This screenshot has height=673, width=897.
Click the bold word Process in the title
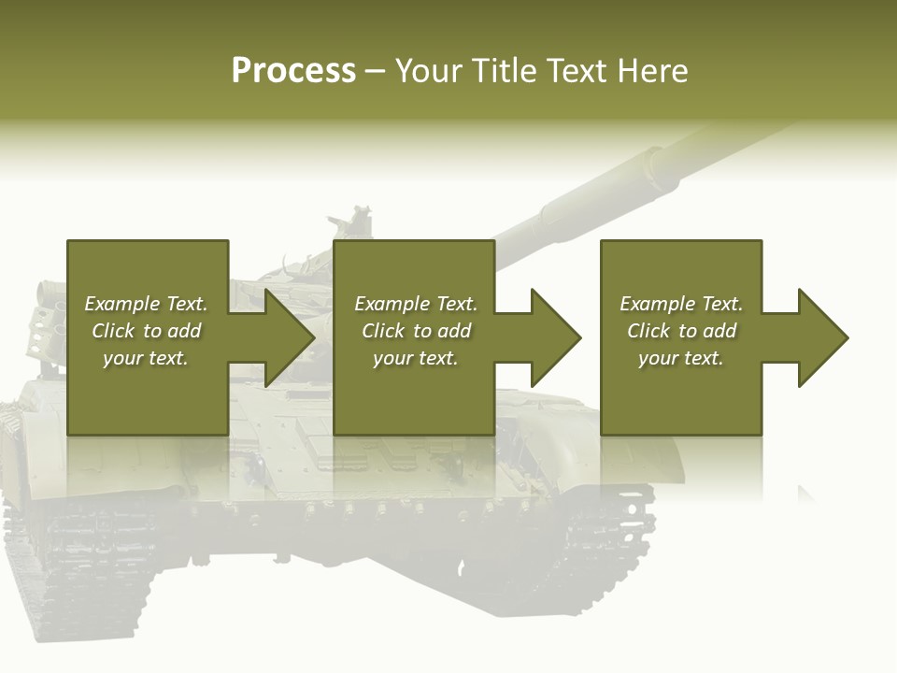tap(293, 71)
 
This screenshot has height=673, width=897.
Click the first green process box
tap(148, 393)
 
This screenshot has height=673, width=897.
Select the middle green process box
tap(414, 393)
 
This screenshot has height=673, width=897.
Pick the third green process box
tap(680, 393)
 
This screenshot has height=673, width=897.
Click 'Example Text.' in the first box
tap(146, 304)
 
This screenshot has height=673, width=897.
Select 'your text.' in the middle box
tap(415, 358)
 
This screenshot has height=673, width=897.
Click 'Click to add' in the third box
tap(681, 331)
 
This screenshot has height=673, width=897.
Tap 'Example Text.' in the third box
tap(681, 304)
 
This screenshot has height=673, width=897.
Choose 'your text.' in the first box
tap(146, 358)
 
